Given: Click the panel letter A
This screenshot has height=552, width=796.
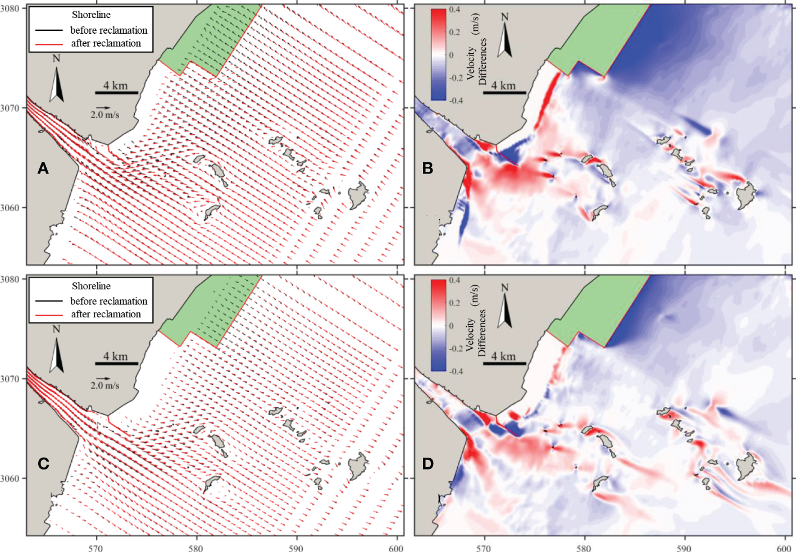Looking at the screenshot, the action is click(43, 168).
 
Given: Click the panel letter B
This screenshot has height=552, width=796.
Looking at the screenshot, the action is click(427, 168).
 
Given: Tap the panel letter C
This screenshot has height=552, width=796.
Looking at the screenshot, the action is click(43, 464).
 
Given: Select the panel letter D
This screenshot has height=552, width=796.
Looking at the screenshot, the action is click(428, 464).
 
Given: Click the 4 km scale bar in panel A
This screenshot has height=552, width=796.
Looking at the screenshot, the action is click(116, 93).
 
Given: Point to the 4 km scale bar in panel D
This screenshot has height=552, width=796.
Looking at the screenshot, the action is click(504, 363).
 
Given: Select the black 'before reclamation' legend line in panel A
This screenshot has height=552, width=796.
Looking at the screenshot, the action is click(49, 30).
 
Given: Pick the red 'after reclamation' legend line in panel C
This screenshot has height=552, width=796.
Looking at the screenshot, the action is click(49, 314).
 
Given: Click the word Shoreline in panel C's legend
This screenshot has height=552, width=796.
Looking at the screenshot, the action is click(91, 286).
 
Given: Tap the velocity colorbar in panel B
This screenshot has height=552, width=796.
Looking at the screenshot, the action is click(438, 54).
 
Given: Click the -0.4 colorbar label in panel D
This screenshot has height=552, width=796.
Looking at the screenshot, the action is click(456, 371).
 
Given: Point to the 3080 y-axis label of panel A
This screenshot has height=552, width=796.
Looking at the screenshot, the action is click(10, 8).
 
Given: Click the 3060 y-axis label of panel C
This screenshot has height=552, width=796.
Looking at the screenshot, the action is click(10, 478).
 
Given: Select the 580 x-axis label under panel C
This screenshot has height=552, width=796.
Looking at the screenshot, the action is click(196, 548).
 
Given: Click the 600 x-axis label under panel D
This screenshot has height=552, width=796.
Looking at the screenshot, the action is click(784, 548).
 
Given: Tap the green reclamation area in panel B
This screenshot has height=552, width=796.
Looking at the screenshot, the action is click(595, 39).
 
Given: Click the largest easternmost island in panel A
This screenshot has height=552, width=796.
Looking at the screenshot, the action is click(357, 195).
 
